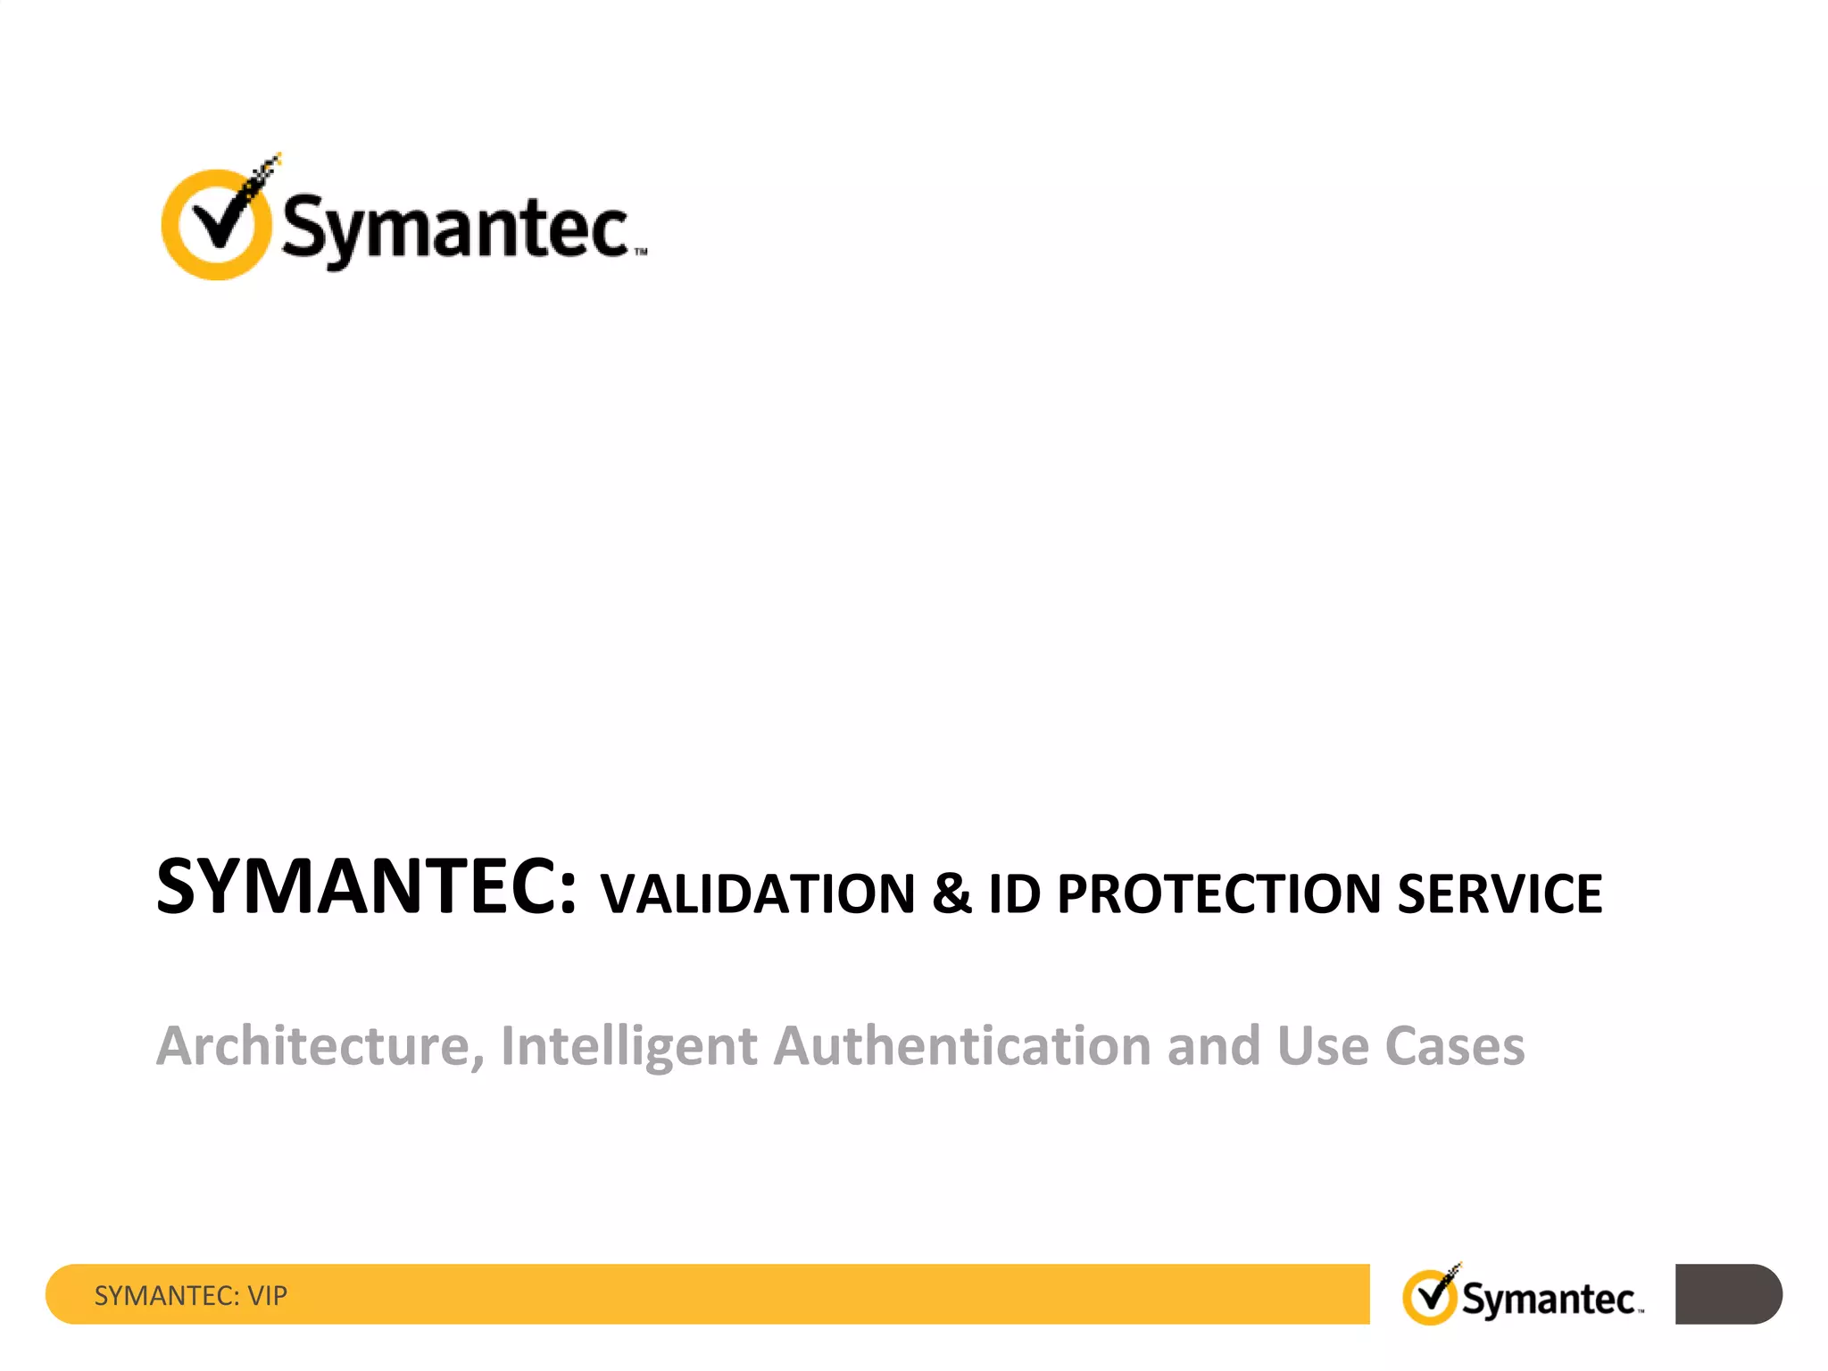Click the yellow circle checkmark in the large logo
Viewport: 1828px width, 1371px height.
pos(215,224)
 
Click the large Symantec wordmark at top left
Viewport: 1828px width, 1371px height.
pos(456,228)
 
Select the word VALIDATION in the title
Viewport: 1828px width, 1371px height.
pos(758,893)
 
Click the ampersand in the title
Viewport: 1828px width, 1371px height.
pos(951,893)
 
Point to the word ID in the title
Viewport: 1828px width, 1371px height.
pos(1014,893)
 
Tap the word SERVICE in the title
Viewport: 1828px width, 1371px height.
pos(1500,893)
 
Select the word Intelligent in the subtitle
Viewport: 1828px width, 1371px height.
pos(628,1045)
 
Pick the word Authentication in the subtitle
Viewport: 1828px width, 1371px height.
pos(962,1045)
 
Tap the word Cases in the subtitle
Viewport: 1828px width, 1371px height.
pos(1455,1045)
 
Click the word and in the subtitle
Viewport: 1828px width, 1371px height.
pos(1213,1045)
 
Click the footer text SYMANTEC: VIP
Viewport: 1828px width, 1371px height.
pos(191,1295)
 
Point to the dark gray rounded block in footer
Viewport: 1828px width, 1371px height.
pos(1727,1293)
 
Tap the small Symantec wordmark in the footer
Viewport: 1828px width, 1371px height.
pos(1549,1299)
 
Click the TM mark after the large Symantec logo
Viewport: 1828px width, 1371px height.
pos(641,253)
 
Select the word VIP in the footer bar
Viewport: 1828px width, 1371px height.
pos(268,1295)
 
